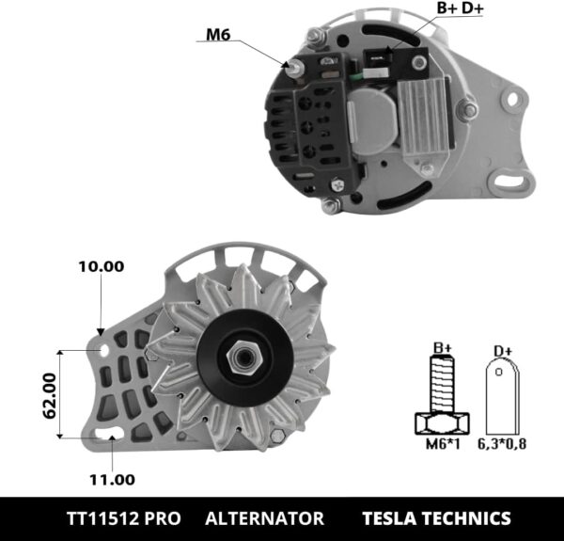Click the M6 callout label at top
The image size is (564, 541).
click(x=218, y=37)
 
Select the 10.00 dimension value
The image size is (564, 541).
click(x=101, y=266)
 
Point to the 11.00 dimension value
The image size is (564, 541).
click(x=112, y=479)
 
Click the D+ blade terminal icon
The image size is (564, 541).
click(x=503, y=396)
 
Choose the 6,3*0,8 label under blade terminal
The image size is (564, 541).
click(x=504, y=443)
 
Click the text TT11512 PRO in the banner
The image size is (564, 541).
click(x=124, y=518)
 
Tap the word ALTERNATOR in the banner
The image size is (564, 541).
click(x=264, y=518)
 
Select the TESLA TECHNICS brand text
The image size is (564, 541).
click(x=436, y=518)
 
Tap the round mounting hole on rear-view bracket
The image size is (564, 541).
click(x=512, y=98)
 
